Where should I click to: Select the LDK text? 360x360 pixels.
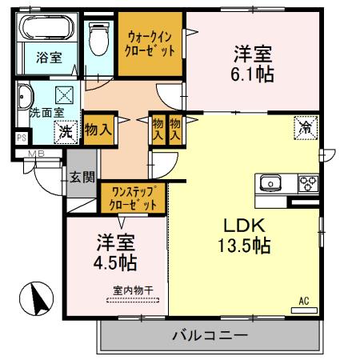242,225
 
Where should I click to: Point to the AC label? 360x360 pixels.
303,301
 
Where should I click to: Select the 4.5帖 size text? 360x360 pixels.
117,262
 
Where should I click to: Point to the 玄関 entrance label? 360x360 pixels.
82,178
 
